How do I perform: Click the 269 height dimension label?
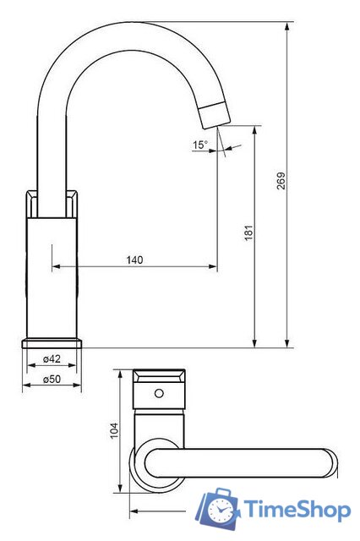click(281, 181)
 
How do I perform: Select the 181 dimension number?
click(249, 233)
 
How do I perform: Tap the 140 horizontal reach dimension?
click(134, 260)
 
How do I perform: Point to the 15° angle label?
click(200, 145)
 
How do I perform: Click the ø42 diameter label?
click(52, 359)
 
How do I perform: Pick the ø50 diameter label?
click(52, 380)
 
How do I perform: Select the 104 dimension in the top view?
click(114, 430)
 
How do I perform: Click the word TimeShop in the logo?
click(297, 510)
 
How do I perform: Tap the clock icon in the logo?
click(220, 509)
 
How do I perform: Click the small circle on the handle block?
click(159, 393)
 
